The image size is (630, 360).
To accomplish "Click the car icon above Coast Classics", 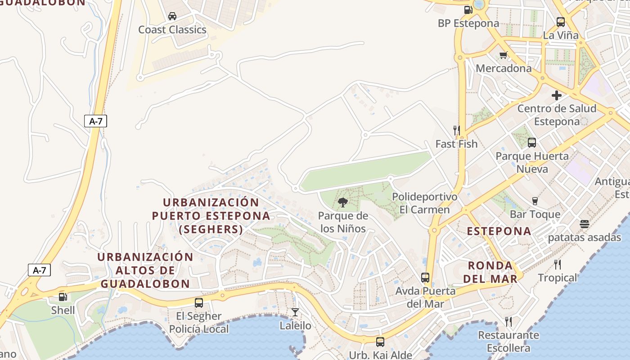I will pyautogui.click(x=172, y=17).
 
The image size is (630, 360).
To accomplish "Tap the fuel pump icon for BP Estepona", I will pyautogui.click(x=468, y=10).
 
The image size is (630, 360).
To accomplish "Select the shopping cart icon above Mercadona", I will pyautogui.click(x=503, y=55).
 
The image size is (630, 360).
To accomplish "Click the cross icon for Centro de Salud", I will pyautogui.click(x=557, y=95).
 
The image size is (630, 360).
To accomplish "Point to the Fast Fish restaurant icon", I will pyautogui.click(x=456, y=130).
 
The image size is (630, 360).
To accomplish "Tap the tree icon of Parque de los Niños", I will pyautogui.click(x=342, y=202).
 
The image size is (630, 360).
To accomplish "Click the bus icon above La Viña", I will pyautogui.click(x=560, y=22).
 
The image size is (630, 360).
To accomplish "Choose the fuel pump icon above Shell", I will pyautogui.click(x=63, y=297).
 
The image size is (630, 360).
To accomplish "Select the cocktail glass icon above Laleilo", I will pyautogui.click(x=295, y=312).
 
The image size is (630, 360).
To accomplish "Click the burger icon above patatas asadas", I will pyautogui.click(x=585, y=224).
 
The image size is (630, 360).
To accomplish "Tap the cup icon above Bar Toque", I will pyautogui.click(x=535, y=201).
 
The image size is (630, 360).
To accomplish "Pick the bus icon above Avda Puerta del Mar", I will pyautogui.click(x=425, y=278).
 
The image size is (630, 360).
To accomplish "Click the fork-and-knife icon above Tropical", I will pyautogui.click(x=558, y=264).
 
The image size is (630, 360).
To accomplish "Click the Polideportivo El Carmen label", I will pyautogui.click(x=424, y=203).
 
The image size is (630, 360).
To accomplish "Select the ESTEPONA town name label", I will pyautogui.click(x=499, y=231).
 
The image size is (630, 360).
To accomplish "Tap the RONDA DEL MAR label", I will pyautogui.click(x=490, y=272).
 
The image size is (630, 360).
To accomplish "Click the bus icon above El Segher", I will pyautogui.click(x=199, y=303).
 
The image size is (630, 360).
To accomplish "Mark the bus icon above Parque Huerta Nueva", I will pyautogui.click(x=532, y=143).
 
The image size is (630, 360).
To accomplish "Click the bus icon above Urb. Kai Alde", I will pyautogui.click(x=380, y=342).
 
